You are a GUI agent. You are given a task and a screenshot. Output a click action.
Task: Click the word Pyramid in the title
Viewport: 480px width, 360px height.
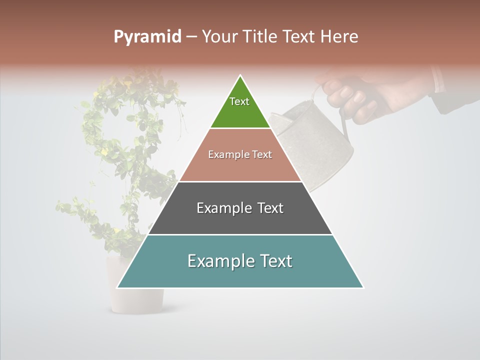147,37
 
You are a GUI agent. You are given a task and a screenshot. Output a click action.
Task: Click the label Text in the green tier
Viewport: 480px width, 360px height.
239,101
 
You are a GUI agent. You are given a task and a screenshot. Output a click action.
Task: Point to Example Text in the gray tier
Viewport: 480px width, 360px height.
240,208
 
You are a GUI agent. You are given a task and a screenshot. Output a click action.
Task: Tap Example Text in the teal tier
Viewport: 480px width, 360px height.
240,261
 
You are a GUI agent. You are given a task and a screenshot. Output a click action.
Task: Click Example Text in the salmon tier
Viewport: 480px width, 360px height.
240,154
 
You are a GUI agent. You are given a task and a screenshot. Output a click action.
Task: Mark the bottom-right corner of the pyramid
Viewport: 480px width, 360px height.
363,287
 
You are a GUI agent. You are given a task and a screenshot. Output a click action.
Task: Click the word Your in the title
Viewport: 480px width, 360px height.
218,37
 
